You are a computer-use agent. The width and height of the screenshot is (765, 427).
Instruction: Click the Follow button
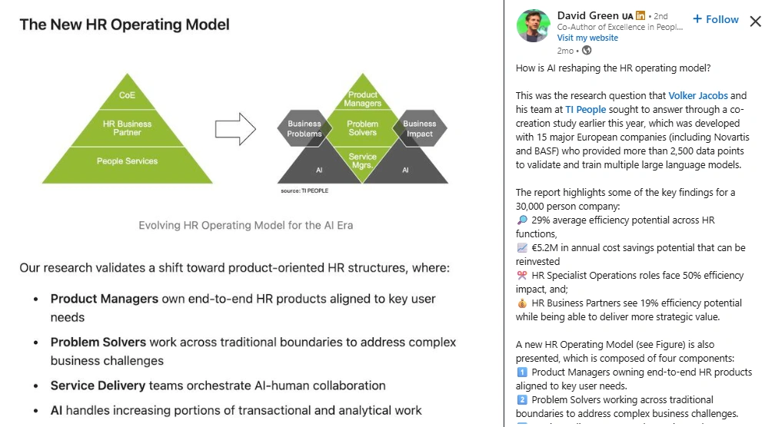(x=716, y=19)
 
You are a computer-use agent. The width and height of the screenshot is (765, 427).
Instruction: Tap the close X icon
(x=755, y=21)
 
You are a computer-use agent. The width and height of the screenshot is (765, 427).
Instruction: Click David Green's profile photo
(x=533, y=26)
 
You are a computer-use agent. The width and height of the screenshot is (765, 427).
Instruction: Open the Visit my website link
(x=587, y=38)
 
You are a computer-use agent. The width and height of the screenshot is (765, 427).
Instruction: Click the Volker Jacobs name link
(x=698, y=95)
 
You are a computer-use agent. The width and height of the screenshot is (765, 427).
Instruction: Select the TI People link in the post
(x=586, y=110)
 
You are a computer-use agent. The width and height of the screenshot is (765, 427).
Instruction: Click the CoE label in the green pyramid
(x=127, y=95)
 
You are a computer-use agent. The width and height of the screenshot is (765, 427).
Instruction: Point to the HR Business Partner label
(x=127, y=127)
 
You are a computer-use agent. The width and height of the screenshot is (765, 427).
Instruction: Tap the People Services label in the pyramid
(x=127, y=161)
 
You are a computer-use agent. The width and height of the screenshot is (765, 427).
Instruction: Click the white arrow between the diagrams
(x=234, y=128)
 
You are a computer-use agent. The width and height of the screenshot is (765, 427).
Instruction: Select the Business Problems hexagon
(x=304, y=128)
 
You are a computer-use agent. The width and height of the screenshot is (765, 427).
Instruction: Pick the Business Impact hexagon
(x=419, y=128)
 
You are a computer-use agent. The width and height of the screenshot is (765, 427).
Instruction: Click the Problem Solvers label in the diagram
(x=362, y=127)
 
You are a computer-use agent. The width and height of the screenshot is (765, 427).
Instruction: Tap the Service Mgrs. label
(x=362, y=161)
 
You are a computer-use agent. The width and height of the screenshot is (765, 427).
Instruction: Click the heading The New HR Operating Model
(x=125, y=25)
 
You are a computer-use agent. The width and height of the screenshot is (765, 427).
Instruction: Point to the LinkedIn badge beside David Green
(x=640, y=16)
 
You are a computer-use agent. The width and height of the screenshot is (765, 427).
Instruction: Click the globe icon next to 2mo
(x=587, y=51)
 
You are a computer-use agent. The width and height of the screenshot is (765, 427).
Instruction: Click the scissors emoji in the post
(x=522, y=275)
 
